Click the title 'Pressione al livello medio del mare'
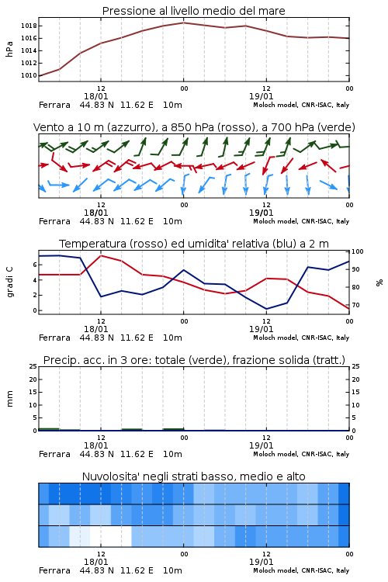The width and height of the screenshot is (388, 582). (193, 11)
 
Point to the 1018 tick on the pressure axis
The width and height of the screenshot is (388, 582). (29, 26)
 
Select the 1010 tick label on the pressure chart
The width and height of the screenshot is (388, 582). (29, 76)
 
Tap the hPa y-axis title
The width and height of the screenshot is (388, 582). (9, 49)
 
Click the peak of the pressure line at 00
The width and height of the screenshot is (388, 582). (183, 23)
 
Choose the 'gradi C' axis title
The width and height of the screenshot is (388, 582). (10, 282)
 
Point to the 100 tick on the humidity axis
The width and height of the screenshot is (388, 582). (358, 251)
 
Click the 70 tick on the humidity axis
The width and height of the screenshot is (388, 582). (355, 305)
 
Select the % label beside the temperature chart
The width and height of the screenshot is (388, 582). (379, 282)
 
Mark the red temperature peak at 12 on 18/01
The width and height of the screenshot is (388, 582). (101, 255)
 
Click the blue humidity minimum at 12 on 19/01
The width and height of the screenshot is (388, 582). (266, 309)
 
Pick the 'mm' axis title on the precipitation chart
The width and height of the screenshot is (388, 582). (9, 399)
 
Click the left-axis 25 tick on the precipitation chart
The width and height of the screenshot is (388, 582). (33, 366)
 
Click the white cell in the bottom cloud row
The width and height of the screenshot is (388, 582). (111, 536)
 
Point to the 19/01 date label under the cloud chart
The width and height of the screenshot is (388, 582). (261, 562)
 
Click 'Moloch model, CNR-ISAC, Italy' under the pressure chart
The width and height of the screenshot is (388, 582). (301, 105)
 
